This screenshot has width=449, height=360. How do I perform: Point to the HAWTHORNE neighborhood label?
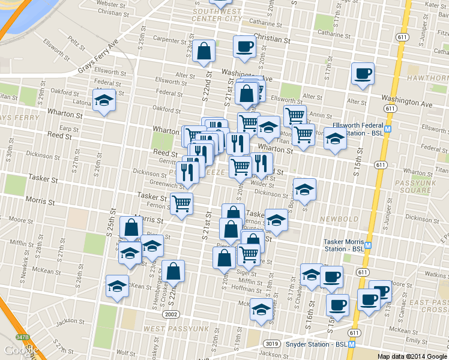point(428,79)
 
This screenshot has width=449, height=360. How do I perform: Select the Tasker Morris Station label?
point(344,245)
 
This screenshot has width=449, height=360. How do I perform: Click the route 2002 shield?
point(172,314)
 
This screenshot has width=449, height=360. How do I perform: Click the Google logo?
point(19,350)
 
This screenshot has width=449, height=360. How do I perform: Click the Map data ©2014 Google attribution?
point(411,356)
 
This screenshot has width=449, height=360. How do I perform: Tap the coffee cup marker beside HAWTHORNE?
point(362,74)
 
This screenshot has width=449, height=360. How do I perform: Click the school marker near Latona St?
point(104,100)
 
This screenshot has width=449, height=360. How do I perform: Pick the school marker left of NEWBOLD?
point(276,220)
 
